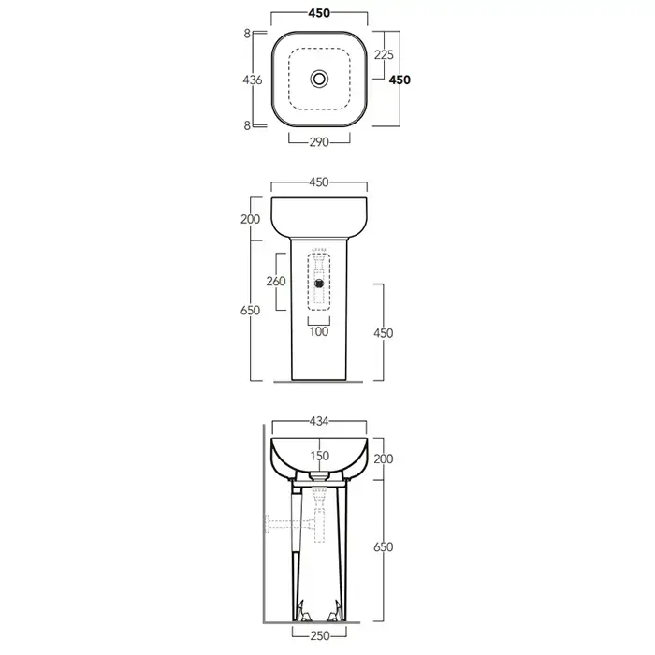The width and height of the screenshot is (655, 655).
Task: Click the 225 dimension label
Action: (x=384, y=54)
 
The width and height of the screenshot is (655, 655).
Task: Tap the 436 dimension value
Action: (x=253, y=80)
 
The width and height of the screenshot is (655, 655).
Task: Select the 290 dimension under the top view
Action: (x=319, y=142)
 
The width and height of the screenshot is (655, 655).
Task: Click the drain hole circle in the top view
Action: (x=319, y=79)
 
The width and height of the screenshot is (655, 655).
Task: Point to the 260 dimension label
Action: (x=276, y=281)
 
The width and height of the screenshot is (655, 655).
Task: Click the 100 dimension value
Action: (x=319, y=331)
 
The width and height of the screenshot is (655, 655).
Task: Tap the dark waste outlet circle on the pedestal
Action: (x=319, y=284)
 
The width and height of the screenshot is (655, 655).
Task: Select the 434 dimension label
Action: (x=319, y=421)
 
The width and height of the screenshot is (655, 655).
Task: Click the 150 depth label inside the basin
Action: (x=320, y=456)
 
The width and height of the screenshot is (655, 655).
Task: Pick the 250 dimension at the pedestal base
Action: (x=320, y=635)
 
